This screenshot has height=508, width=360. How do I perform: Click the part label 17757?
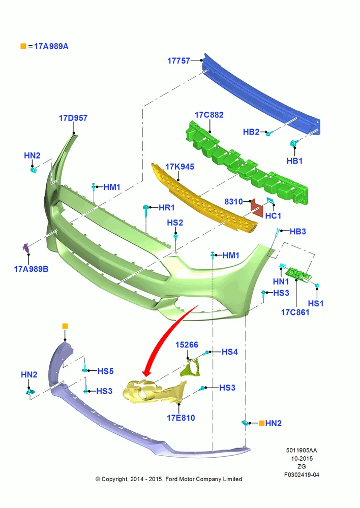(x=178, y=60)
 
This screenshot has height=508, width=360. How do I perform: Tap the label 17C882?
(x=209, y=115)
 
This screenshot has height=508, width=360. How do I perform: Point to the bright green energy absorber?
(x=247, y=164)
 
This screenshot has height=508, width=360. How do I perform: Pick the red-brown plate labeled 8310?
(x=257, y=208)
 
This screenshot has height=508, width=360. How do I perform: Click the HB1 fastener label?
(x=294, y=161)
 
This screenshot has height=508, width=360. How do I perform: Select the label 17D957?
(x=73, y=118)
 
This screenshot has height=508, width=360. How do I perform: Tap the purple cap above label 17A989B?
(x=26, y=248)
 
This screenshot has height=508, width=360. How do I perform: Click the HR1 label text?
(x=167, y=207)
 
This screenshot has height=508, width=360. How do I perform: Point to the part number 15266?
(x=187, y=345)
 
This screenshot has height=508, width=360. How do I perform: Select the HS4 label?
(x=230, y=352)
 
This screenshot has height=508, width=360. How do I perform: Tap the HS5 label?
(x=105, y=371)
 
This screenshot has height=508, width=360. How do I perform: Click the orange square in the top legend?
(x=23, y=46)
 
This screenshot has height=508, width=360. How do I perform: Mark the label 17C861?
(x=295, y=312)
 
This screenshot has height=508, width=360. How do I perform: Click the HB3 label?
(x=298, y=231)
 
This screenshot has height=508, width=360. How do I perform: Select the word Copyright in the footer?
(x=114, y=479)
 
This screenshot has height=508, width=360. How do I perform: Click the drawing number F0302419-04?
(x=302, y=475)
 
